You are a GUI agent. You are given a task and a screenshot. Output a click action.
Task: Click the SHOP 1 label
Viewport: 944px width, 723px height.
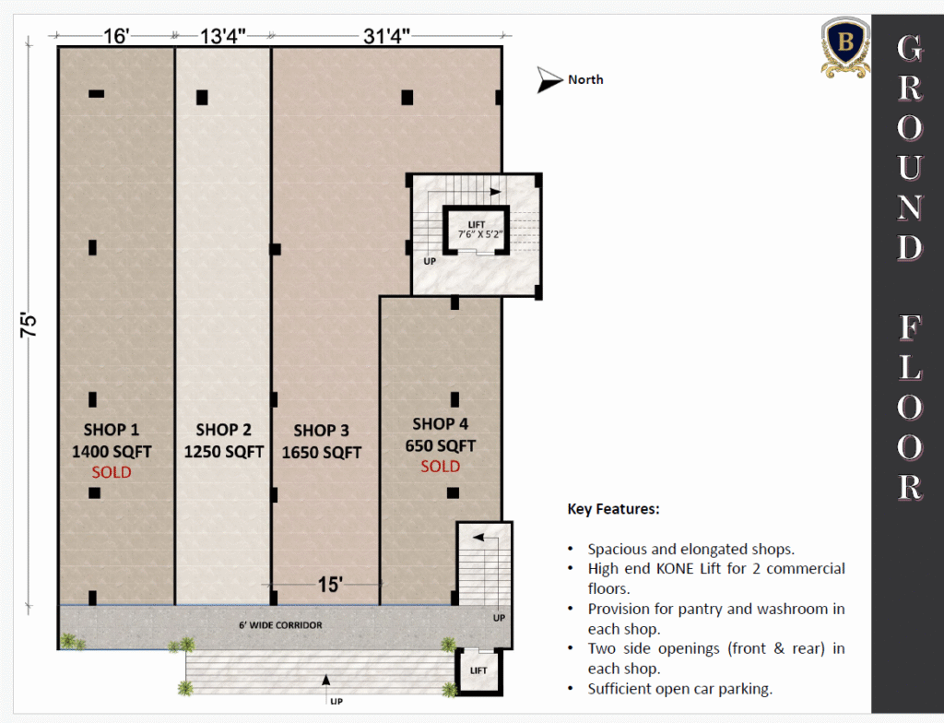[112, 430]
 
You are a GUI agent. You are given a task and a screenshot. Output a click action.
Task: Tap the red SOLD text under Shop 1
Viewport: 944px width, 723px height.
[112, 472]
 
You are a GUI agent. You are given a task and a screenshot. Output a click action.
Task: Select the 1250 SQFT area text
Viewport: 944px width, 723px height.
[223, 451]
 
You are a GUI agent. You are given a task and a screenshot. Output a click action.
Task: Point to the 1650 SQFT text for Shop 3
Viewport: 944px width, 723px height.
[322, 452]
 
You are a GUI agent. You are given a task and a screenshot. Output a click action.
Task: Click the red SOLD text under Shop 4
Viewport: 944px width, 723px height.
[440, 466]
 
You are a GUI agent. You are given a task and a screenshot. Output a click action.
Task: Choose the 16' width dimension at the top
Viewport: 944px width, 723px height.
[115, 36]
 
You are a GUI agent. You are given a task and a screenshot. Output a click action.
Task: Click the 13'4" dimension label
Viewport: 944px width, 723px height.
[223, 36]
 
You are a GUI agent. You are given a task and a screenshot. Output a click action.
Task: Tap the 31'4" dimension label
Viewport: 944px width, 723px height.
[386, 36]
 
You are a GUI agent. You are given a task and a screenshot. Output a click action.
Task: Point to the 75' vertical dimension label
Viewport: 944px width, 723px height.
[29, 326]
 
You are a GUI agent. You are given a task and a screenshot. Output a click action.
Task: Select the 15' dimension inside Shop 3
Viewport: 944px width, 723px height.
[330, 584]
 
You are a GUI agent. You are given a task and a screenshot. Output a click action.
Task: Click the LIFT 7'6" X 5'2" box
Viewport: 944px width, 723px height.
[477, 231]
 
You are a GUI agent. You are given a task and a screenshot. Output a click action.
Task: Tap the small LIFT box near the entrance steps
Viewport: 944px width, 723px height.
[478, 670]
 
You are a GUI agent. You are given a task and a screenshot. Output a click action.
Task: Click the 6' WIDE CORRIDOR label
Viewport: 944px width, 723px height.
[280, 625]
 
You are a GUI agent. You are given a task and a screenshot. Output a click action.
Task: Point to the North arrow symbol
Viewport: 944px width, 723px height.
[549, 79]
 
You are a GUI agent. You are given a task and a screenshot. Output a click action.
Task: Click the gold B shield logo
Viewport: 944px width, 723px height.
[845, 47]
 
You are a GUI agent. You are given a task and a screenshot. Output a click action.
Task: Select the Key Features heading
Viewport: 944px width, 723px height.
[613, 509]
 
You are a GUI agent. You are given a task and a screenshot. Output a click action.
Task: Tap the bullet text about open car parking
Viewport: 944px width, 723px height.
[679, 689]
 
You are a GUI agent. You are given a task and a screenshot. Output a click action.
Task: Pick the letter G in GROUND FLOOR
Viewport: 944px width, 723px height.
[910, 48]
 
